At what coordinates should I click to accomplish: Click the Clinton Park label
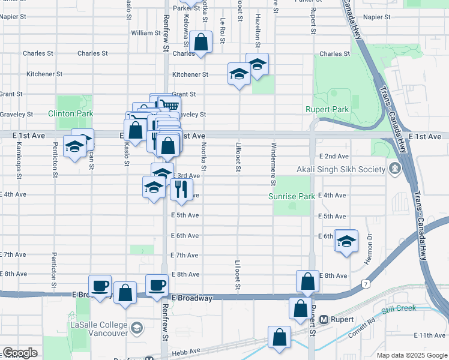click(71, 113)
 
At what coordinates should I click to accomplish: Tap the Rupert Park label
click(327, 110)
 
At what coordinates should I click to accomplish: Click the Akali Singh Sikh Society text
click(350, 169)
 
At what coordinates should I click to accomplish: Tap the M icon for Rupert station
click(324, 320)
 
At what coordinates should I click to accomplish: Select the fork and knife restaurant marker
click(180, 190)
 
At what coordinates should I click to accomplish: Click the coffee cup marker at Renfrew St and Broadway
click(157, 285)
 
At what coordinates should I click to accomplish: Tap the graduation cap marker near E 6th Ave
click(346, 241)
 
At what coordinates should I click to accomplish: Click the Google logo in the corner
click(20, 353)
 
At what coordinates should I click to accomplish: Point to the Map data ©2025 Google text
click(412, 355)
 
